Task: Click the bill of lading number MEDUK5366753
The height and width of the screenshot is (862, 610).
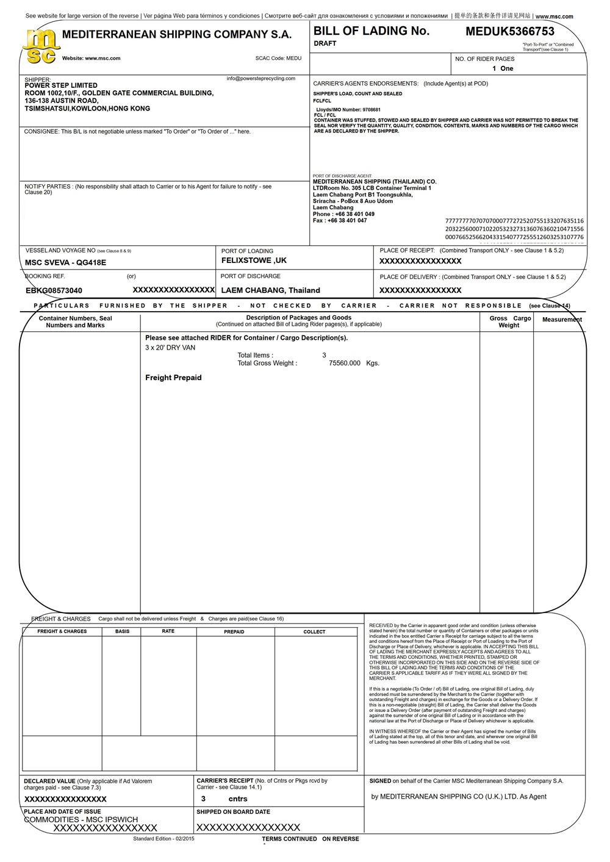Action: point(510,31)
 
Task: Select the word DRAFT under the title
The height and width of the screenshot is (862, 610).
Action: point(325,44)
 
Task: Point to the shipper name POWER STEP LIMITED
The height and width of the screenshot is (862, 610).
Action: point(61,85)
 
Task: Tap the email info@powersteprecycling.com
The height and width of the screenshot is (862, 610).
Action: point(260,78)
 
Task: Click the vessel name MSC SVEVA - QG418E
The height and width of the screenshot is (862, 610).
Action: point(65,262)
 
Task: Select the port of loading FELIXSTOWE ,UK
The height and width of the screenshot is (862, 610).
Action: point(254,260)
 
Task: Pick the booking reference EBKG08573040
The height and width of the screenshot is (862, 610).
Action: point(54,290)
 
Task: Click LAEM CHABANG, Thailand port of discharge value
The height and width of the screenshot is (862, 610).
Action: point(270,290)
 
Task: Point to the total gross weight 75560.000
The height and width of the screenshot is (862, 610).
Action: point(345,363)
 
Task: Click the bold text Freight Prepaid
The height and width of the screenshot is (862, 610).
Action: point(173,378)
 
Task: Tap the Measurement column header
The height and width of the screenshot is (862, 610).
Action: point(562,320)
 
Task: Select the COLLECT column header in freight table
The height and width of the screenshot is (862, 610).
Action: point(314,632)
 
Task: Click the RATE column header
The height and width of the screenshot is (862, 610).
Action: point(168,631)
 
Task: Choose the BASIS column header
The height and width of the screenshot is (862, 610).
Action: point(122,631)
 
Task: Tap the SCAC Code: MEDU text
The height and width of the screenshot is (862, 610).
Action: point(278,59)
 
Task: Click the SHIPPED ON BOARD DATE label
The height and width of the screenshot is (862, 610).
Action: point(233,812)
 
